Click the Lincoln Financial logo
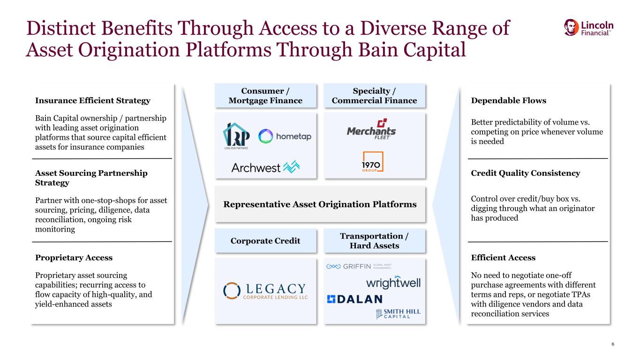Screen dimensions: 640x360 pyautogui.click(x=588, y=28)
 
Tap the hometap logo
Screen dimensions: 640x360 pyautogui.click(x=285, y=136)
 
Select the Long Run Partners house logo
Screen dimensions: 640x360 pyautogui.click(x=236, y=136)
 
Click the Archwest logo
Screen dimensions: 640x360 pyautogui.click(x=265, y=167)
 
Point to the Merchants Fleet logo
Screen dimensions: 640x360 pyautogui.click(x=371, y=129)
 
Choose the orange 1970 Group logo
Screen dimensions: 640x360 pyautogui.click(x=373, y=162)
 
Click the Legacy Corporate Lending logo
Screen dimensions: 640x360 pyautogui.click(x=265, y=291)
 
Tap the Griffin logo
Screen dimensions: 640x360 pyautogui.click(x=359, y=266)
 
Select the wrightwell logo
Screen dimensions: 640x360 pyautogui.click(x=393, y=282)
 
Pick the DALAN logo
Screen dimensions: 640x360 pyautogui.click(x=354, y=299)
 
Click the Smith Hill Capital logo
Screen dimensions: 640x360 pyautogui.click(x=398, y=314)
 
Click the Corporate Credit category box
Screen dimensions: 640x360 pyautogui.click(x=266, y=240)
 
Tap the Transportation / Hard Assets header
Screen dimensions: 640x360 pyautogui.click(x=374, y=240)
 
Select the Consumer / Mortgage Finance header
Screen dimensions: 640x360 pyautogui.click(x=266, y=96)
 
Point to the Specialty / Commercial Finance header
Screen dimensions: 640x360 pyautogui.click(x=374, y=96)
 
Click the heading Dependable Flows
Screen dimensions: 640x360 pyautogui.click(x=509, y=101)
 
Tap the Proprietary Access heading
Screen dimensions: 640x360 pyautogui.click(x=74, y=258)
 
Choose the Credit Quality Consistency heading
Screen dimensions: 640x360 pyautogui.click(x=526, y=173)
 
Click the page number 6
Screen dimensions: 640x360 pyautogui.click(x=612, y=344)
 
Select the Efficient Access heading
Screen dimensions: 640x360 pyautogui.click(x=503, y=258)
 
